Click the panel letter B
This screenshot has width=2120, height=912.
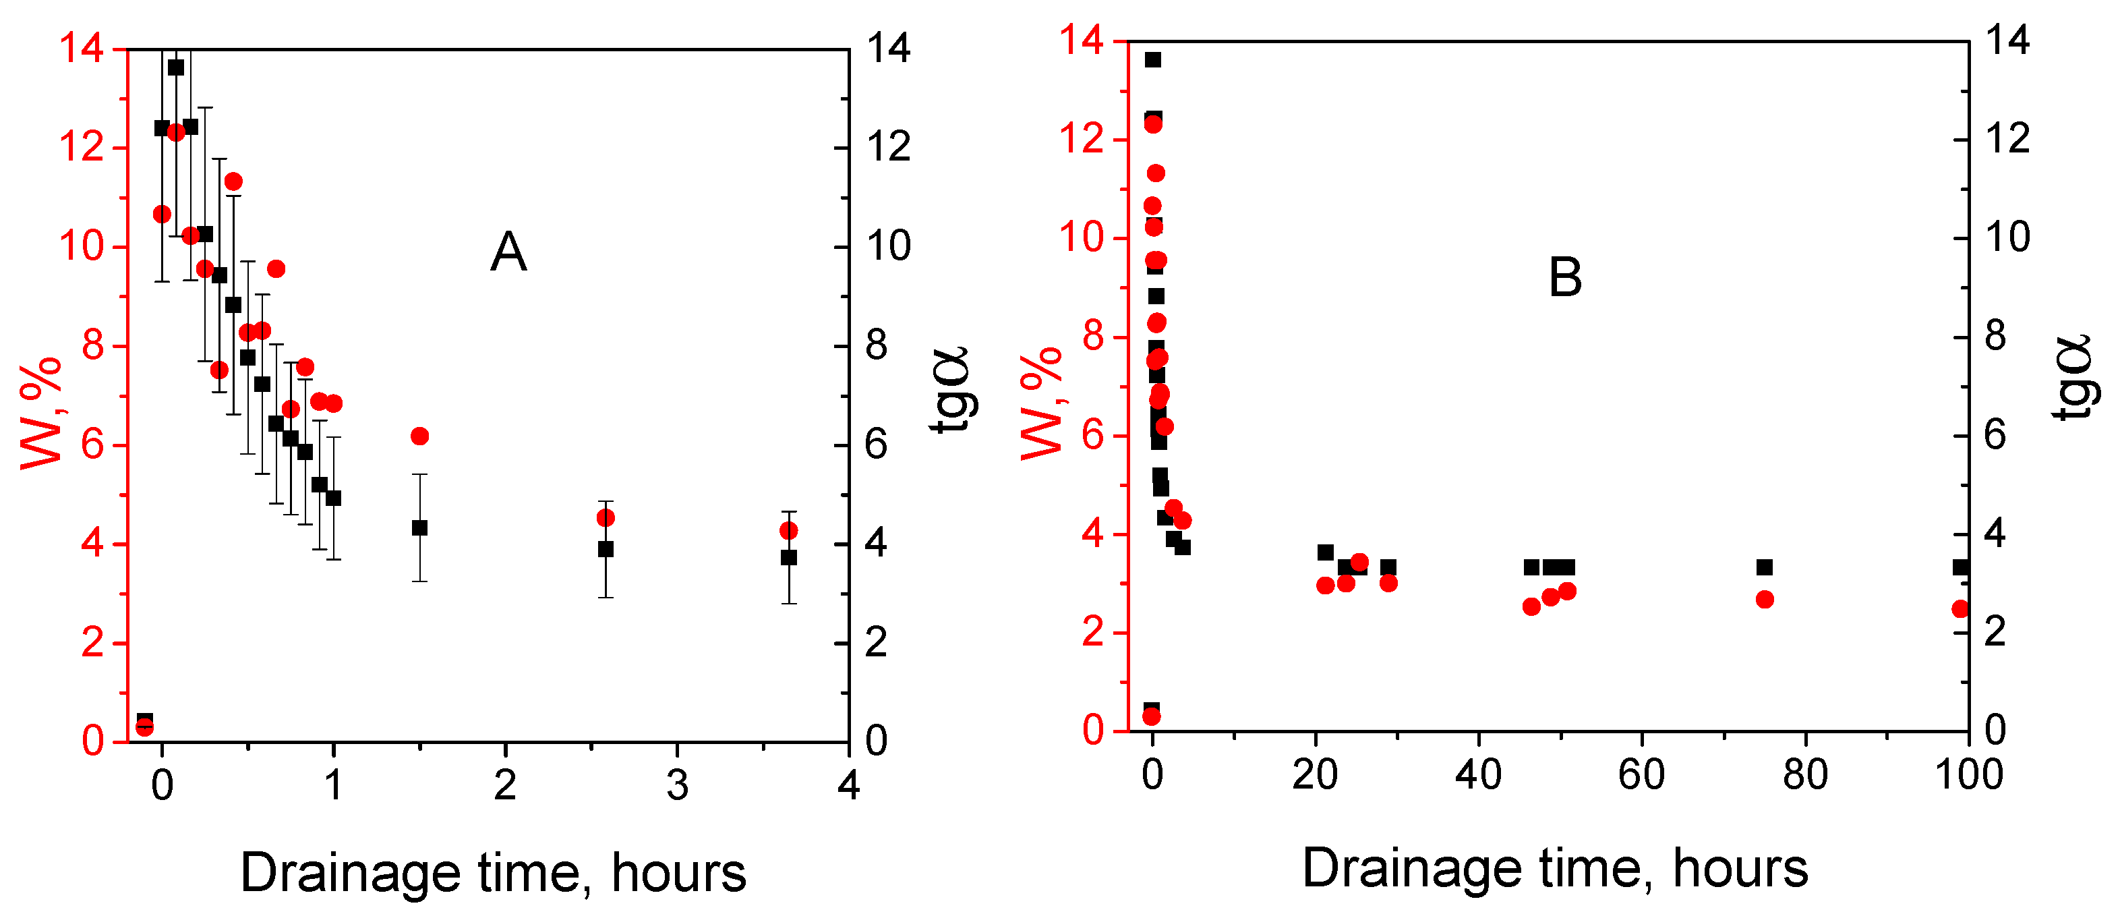point(1564,277)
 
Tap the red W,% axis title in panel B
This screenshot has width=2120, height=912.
point(1041,403)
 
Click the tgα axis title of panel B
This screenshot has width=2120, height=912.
point(2074,378)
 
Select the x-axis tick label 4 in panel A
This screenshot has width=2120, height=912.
point(848,785)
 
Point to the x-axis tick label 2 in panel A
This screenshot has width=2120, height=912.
point(505,785)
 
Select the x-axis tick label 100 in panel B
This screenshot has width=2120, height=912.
point(1968,774)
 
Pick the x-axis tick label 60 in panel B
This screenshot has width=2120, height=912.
point(1641,774)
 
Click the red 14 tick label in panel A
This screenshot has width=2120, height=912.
point(82,49)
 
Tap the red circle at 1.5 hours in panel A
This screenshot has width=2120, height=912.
point(419,436)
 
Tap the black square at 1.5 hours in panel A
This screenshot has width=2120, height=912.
point(419,528)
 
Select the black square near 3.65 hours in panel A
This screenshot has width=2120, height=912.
point(788,557)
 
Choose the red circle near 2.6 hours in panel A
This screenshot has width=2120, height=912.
point(606,518)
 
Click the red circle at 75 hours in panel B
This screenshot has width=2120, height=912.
point(1765,599)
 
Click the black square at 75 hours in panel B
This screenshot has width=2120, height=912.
point(1765,567)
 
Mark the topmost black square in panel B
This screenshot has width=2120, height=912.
point(1153,59)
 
